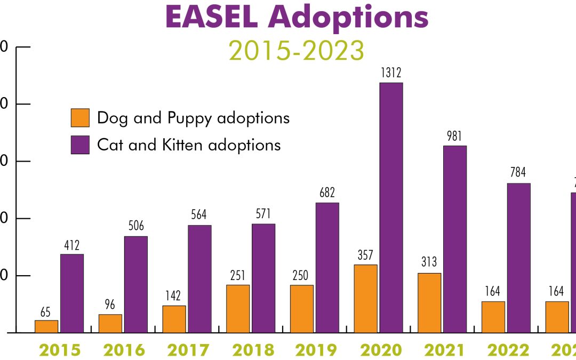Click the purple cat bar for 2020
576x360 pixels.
(x=391, y=207)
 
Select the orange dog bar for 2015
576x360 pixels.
(x=46, y=326)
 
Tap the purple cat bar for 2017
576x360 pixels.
(x=199, y=278)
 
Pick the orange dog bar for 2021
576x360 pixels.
(x=429, y=302)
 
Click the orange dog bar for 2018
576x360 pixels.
(x=238, y=308)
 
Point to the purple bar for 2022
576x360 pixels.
(x=518, y=258)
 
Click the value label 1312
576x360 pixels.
(x=391, y=73)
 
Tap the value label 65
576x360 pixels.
(x=46, y=311)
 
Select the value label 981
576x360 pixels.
(x=454, y=137)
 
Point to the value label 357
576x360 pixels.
(x=365, y=255)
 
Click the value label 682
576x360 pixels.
(x=327, y=193)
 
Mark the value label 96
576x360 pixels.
(x=110, y=306)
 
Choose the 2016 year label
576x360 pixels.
(x=124, y=350)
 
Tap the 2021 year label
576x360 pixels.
(x=445, y=350)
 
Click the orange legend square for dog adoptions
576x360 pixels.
(x=80, y=118)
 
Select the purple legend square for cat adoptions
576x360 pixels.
(x=80, y=145)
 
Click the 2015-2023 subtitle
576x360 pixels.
(x=297, y=51)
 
